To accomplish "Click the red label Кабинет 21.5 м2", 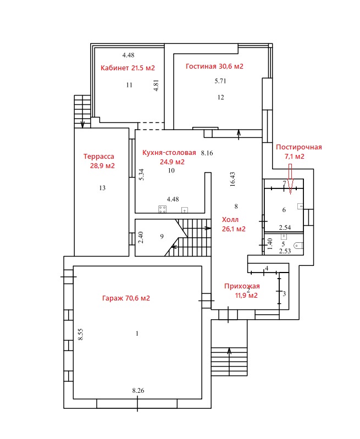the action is (128, 68).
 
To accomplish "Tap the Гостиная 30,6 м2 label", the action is (214, 66).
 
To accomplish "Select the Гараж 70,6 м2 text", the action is (126, 298).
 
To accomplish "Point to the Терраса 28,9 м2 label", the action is (99, 161).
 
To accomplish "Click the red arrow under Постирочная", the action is (290, 179).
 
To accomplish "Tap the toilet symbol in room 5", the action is (298, 246).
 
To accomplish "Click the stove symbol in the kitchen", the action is (162, 209).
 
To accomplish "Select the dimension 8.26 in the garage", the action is (138, 390).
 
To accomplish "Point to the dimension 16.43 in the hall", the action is (232, 179).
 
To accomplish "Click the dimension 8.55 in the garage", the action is (81, 334).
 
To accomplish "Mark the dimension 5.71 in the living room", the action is (220, 81).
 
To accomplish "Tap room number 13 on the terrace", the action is (102, 188).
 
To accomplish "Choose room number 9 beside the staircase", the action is (162, 237).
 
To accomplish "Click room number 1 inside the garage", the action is (137, 334).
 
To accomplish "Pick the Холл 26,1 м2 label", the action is (234, 224).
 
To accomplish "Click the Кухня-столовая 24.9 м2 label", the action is (169, 157).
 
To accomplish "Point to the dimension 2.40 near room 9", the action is (141, 237).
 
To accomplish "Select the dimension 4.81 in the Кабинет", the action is (156, 85).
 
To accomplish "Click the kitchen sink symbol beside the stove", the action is (185, 210).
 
